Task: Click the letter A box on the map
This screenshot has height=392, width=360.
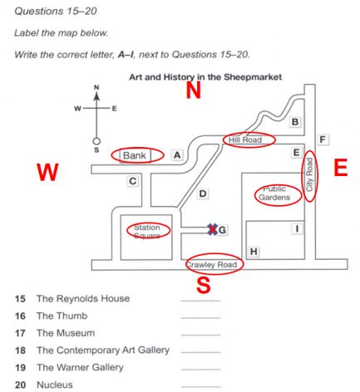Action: [x=177, y=155]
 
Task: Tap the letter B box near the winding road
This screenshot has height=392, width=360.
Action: [x=295, y=121]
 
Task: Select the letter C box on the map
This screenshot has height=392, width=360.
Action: [x=133, y=181]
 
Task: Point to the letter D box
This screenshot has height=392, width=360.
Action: [x=203, y=194]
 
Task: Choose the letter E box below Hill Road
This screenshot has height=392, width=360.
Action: [x=296, y=152]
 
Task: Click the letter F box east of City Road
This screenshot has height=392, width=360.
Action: [x=323, y=140]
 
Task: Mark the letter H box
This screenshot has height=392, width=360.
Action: [x=254, y=252]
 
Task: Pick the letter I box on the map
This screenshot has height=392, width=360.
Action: [x=297, y=229]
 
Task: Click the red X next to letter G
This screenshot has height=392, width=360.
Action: [x=213, y=229]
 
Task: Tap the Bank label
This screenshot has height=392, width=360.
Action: [x=135, y=155]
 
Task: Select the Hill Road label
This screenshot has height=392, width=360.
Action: [x=245, y=140]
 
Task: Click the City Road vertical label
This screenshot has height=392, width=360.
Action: [x=309, y=174]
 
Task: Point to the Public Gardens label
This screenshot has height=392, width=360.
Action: [x=274, y=194]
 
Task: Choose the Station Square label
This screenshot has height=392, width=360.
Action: [x=147, y=232]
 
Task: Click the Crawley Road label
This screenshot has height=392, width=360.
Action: [x=212, y=264]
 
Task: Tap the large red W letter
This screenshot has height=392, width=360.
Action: [x=47, y=172]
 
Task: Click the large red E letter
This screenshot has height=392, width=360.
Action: [x=341, y=168]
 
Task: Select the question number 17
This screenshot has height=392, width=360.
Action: [x=20, y=333]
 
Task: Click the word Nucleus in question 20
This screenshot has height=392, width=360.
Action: [x=55, y=385]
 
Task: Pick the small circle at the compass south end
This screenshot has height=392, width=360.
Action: [x=96, y=141]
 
